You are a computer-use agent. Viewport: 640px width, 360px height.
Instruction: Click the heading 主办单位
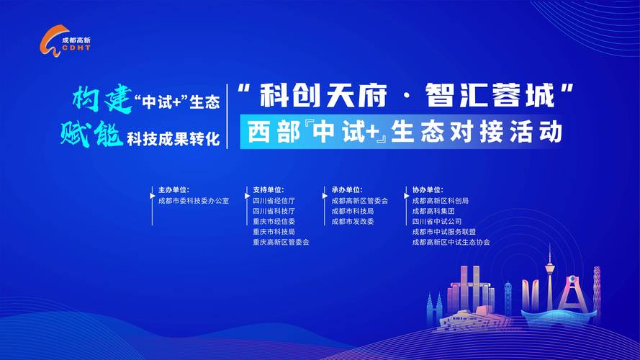173,190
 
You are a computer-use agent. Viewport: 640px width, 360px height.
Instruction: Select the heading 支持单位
269,190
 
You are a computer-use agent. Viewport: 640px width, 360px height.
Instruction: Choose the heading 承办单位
347,190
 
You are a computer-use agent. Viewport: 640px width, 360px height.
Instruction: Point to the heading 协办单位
428,190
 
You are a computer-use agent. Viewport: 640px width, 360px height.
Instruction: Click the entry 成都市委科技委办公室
193,201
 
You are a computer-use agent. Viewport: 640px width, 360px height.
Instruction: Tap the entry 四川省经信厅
274,201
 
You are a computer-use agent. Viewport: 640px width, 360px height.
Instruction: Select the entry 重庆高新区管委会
281,243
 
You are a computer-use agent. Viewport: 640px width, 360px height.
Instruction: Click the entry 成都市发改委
353,222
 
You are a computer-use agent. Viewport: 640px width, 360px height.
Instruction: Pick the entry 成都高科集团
433,212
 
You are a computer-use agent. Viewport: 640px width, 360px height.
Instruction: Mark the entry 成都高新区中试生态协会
451,243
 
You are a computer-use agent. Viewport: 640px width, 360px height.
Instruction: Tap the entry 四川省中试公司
437,222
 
